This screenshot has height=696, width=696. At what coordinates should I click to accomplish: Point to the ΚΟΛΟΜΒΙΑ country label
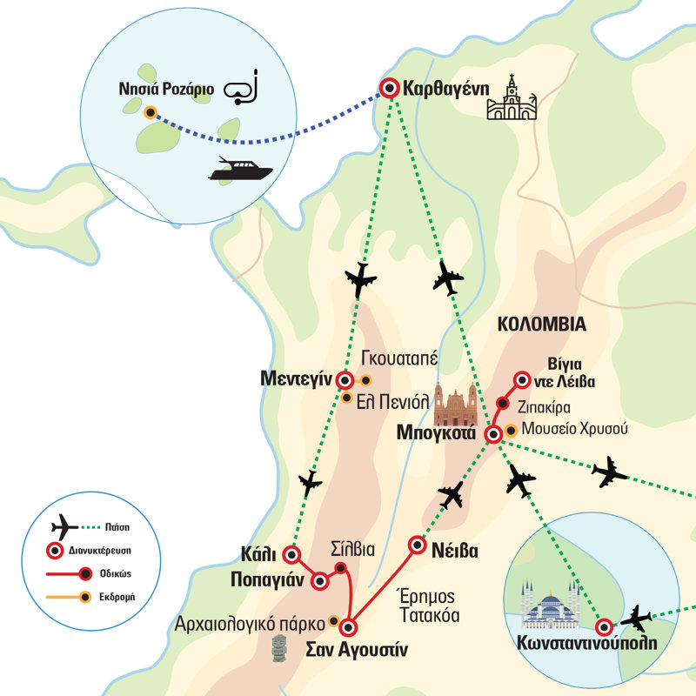coord(542,325)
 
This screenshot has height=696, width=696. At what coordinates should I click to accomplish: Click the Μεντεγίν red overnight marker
coord(345,380)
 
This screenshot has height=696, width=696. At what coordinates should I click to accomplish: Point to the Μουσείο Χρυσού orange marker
coord(511,429)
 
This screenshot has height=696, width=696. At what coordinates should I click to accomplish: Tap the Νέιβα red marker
coord(416,545)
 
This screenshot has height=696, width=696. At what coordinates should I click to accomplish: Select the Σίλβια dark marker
coord(340,568)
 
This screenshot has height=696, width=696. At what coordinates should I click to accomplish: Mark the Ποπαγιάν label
coord(266,579)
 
